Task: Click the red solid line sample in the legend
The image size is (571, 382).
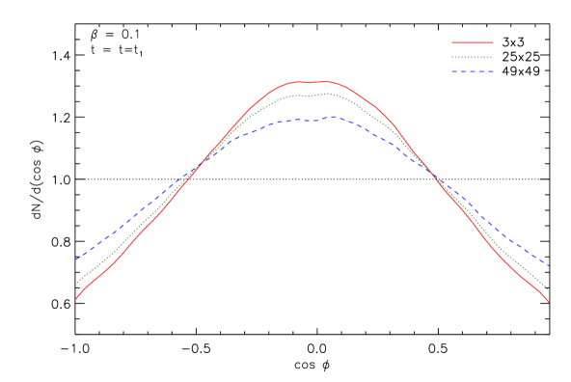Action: (x=473, y=42)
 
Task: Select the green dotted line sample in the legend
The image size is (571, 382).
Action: (x=473, y=57)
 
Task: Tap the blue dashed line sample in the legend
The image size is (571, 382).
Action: (x=473, y=71)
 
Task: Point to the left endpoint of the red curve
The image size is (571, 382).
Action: (x=76, y=299)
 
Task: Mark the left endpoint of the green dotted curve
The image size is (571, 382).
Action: (x=76, y=284)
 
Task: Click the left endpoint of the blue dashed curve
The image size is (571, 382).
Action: (x=76, y=259)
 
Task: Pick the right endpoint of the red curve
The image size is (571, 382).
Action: (x=549, y=302)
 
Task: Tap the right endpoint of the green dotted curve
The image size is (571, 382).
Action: (x=548, y=288)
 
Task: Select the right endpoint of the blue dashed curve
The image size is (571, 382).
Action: (x=549, y=266)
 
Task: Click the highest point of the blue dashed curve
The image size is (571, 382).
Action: (x=334, y=117)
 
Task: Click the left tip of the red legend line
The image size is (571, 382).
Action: (x=452, y=42)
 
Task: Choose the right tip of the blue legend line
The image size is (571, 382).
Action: (x=493, y=71)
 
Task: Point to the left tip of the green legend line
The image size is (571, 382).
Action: (x=452, y=57)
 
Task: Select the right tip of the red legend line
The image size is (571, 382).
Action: (x=493, y=42)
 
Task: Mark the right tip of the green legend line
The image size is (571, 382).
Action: (x=493, y=57)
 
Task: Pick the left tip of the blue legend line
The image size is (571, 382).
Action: (x=452, y=71)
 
